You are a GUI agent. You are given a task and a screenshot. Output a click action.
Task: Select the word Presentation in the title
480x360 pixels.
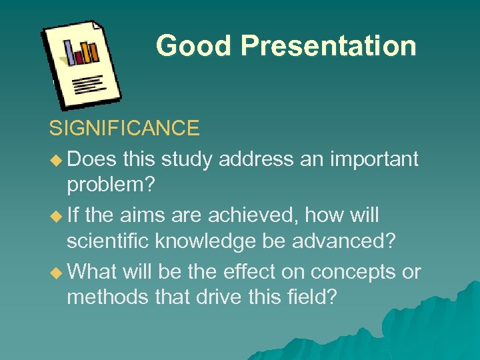tap(329, 46)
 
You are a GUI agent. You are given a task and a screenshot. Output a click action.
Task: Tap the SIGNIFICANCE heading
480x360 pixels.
tap(124, 128)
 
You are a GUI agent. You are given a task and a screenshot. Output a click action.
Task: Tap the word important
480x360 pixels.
tap(375, 159)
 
